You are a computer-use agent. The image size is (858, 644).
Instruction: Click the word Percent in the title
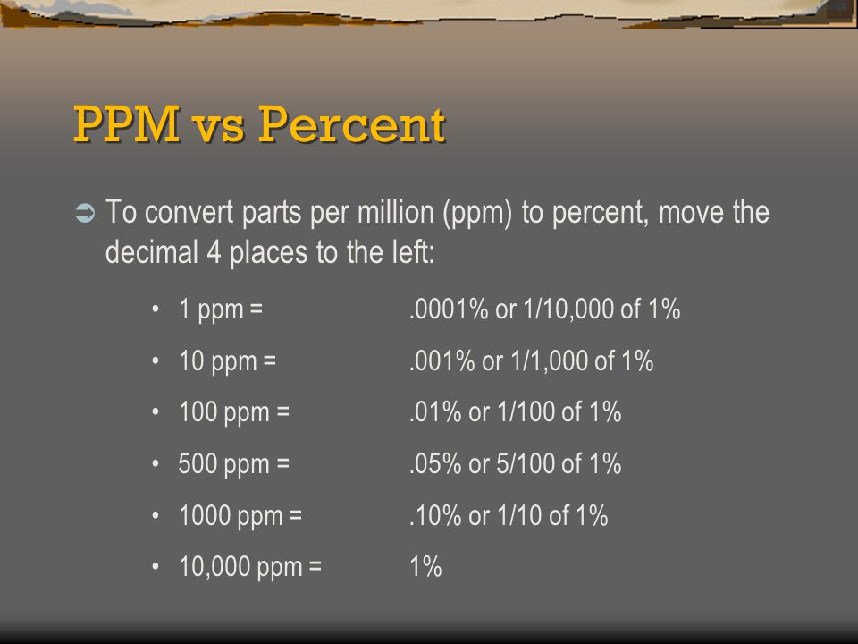[x=352, y=124]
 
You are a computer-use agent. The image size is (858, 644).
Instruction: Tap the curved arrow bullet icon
[x=85, y=213]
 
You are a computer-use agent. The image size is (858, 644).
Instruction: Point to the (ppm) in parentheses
[x=477, y=213]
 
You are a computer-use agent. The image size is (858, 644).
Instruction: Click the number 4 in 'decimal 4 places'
[x=214, y=252]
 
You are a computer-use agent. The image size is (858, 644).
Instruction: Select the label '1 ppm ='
[x=221, y=310]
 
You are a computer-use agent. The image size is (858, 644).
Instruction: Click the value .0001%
[x=449, y=309]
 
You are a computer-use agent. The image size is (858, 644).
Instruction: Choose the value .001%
[x=442, y=360]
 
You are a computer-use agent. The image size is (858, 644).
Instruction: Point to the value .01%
[x=435, y=411]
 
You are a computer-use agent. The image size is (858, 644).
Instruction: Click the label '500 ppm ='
[x=233, y=464]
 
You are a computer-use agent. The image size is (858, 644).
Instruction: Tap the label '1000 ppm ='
[x=240, y=516]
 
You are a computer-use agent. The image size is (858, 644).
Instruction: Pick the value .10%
[x=435, y=515]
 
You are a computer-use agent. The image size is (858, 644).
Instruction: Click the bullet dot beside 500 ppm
[x=156, y=464]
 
